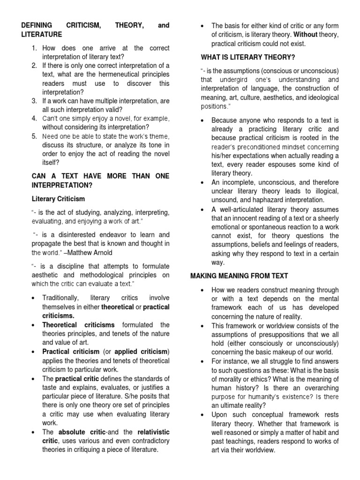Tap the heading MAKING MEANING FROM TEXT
click(239, 276)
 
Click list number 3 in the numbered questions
click(34, 101)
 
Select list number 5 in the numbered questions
click(34, 136)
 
